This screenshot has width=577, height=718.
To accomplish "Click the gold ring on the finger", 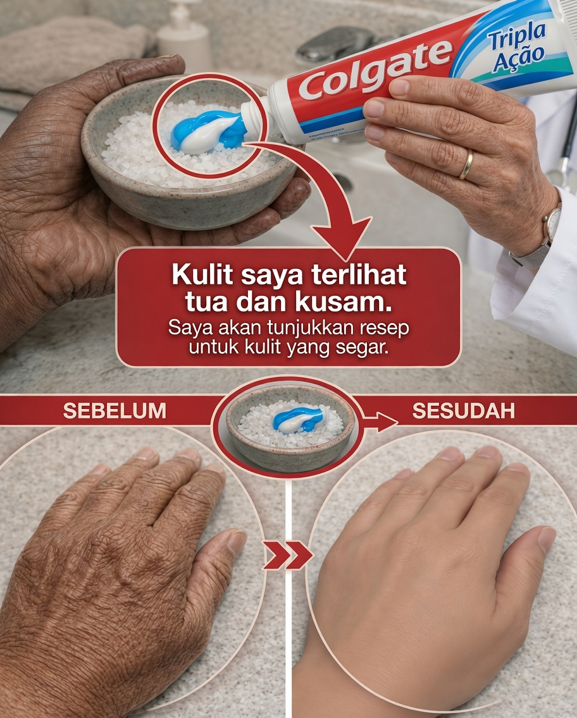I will coord(466,164).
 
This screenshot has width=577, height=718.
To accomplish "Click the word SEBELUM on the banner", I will coord(115,411).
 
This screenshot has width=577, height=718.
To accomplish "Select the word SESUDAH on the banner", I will coord(463,411).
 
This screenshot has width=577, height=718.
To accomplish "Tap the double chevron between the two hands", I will coord(288,555).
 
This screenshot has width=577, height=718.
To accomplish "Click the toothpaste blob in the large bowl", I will coord(208,130).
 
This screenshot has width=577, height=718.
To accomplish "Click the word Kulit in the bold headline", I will coord(201,277).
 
